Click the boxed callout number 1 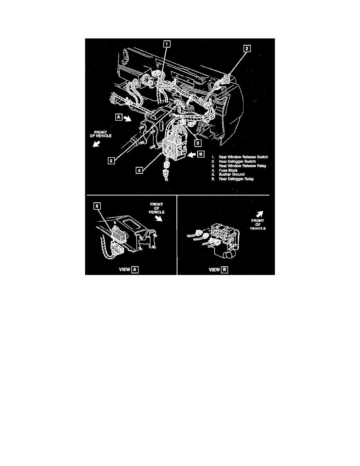point(167,44)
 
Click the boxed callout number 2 point(247,48)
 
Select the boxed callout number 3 point(198,143)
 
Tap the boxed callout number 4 point(139,170)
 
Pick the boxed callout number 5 point(111,161)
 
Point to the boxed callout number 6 point(97,206)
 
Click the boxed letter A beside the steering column point(119,117)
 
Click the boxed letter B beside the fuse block point(201,154)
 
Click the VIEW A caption point(129,269)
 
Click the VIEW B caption point(218,270)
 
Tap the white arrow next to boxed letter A point(128,119)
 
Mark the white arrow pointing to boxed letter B point(191,154)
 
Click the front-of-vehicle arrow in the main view point(96,144)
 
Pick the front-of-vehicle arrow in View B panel point(260,214)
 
